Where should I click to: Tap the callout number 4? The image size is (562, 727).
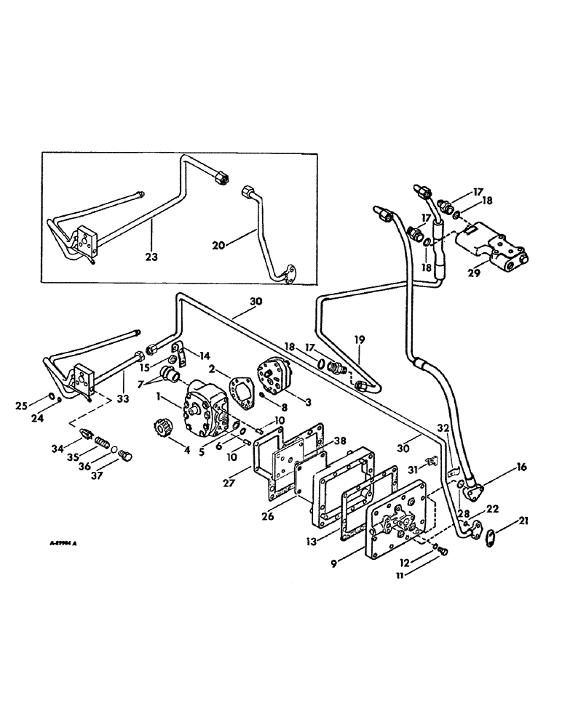tap(187, 451)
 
